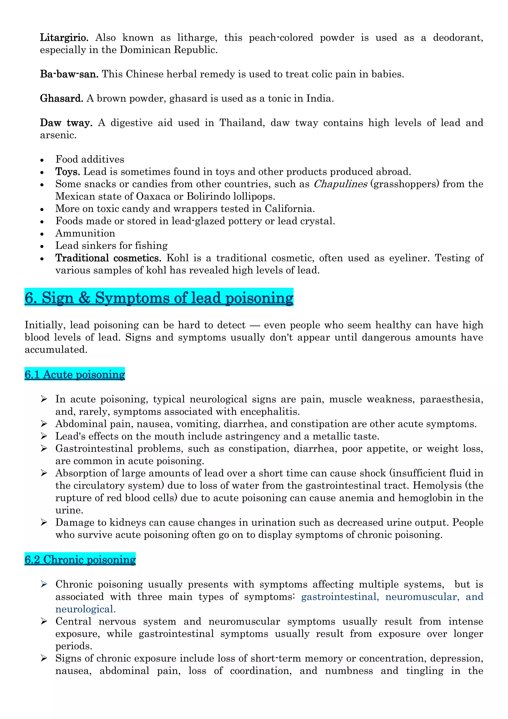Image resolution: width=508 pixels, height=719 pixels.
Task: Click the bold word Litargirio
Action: (x=64, y=38)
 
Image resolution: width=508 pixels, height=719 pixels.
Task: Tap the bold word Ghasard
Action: (x=61, y=99)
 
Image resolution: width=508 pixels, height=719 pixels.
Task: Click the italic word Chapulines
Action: (x=340, y=184)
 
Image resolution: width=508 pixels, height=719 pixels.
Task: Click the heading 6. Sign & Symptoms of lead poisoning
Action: (x=159, y=298)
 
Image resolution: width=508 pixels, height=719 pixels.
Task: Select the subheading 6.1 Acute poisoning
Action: (x=75, y=375)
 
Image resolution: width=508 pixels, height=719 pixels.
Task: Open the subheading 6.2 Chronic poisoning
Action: (x=80, y=560)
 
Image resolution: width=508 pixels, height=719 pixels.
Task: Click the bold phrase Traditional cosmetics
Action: (x=108, y=258)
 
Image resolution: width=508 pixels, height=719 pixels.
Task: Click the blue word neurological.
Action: (x=85, y=609)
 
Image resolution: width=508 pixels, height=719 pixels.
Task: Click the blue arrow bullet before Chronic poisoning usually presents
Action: (x=44, y=584)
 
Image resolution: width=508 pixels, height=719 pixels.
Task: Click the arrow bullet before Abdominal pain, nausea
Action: (x=44, y=424)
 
